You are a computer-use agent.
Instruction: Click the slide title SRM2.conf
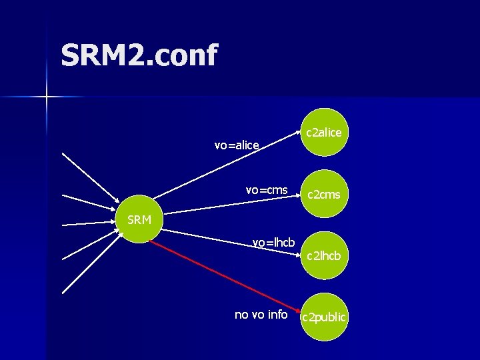click(x=139, y=55)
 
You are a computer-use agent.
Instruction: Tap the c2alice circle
click(x=323, y=133)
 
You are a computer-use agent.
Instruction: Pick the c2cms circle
click(x=323, y=195)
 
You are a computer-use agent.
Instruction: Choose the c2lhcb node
click(x=323, y=255)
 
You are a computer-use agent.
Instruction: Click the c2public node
click(x=323, y=317)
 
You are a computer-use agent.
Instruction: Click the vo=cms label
click(x=267, y=190)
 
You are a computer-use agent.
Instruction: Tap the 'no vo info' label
click(x=261, y=314)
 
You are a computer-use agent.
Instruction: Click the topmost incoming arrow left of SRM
click(x=87, y=177)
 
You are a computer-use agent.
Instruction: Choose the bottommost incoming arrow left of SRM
click(x=87, y=267)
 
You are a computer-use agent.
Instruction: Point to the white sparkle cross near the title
click(x=47, y=97)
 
